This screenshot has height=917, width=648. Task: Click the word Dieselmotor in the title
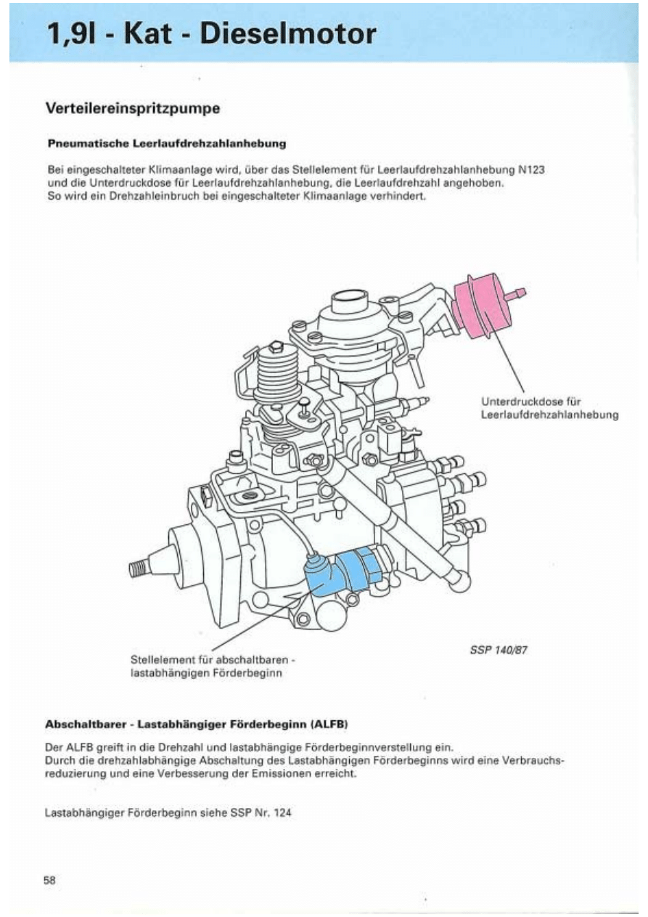pyautogui.click(x=288, y=33)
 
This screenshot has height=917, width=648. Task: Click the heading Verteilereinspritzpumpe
pyautogui.click(x=133, y=108)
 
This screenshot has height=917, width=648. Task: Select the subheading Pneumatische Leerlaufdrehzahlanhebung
pyautogui.click(x=167, y=144)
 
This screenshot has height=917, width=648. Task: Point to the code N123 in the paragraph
pyautogui.click(x=531, y=169)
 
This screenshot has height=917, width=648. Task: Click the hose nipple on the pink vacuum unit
pyautogui.click(x=517, y=293)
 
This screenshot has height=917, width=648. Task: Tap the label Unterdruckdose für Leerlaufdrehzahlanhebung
pyautogui.click(x=549, y=408)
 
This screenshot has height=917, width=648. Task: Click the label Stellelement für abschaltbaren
pyautogui.click(x=213, y=660)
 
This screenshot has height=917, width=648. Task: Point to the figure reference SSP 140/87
pyautogui.click(x=499, y=650)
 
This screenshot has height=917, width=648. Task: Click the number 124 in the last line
pyautogui.click(x=283, y=812)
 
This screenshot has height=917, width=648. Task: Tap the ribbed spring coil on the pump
pyautogui.click(x=276, y=374)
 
